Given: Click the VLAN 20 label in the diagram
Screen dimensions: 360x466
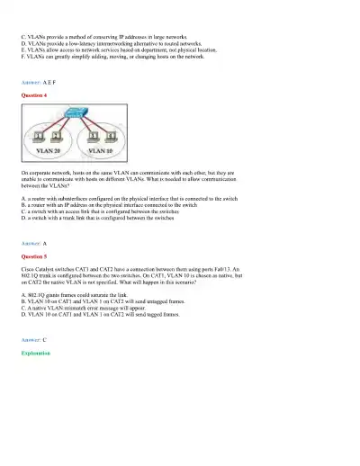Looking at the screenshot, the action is [45, 152].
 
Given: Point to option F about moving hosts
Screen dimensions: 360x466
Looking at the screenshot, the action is [117, 55].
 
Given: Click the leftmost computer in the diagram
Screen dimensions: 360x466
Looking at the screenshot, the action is [38, 136].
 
